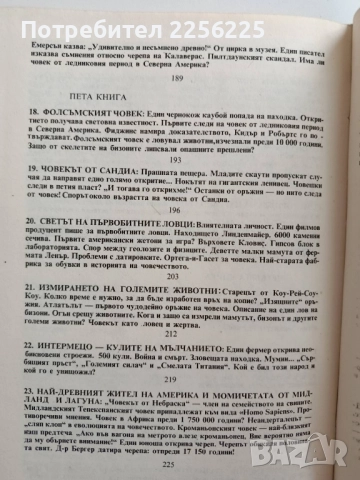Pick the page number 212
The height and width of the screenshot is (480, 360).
coord(181,360)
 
